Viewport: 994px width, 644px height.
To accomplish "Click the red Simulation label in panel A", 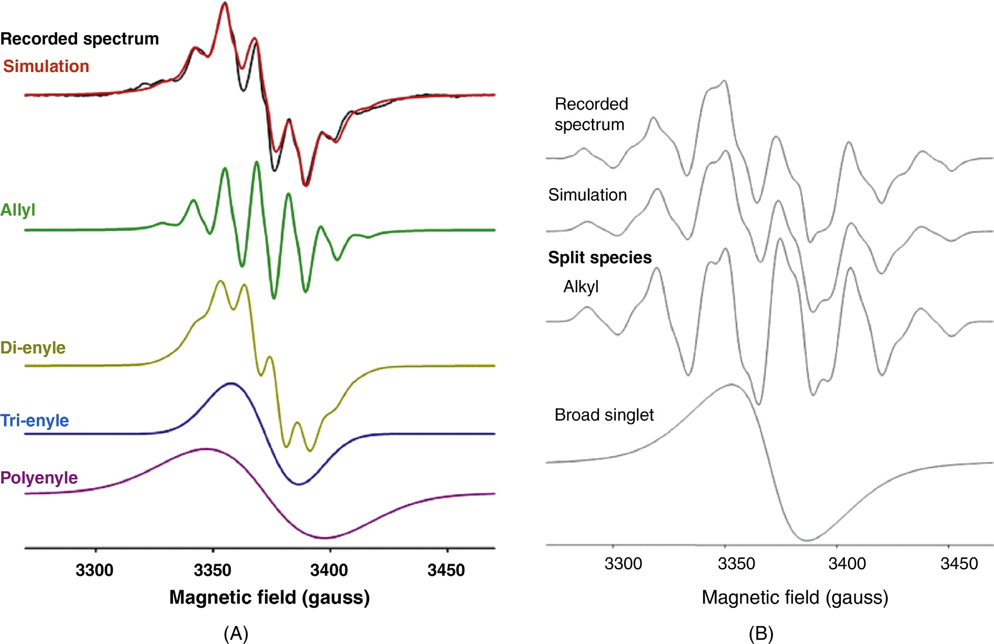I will point(46,66).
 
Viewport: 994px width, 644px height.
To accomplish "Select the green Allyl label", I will point(18,210).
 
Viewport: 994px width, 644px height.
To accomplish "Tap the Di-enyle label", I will point(33,348).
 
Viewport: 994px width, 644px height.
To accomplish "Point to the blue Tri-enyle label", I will point(35,421).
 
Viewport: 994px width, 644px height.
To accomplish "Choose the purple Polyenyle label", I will point(39,478).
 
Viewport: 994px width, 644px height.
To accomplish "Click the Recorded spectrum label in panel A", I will point(80,39).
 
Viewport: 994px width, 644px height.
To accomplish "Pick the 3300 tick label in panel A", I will point(94,570).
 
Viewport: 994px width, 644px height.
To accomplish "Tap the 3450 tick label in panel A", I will point(446,570).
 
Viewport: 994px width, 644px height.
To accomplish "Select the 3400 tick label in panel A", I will point(329,570).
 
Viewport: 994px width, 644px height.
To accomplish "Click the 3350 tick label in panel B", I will point(736,563).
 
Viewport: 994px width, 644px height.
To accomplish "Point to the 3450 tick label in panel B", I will point(959,563).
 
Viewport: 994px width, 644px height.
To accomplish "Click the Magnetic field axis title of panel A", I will point(269,597).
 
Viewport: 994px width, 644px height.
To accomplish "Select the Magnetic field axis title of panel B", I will point(795,597).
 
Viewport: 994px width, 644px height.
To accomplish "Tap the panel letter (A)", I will point(236,633).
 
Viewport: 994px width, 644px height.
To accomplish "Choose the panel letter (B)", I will point(761,633).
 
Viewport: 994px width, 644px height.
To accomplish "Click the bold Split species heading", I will point(600,257).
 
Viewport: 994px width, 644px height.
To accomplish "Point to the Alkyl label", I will point(581,287).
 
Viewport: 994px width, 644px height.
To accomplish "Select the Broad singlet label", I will point(604,415).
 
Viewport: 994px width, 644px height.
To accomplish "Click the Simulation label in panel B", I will point(587,195).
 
